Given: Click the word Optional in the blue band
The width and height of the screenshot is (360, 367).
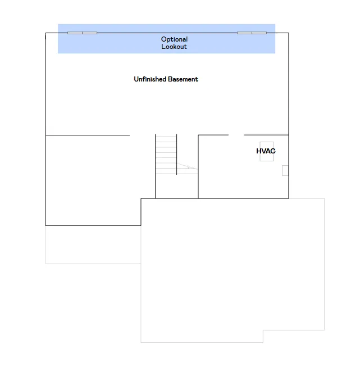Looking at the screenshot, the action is (x=174, y=39).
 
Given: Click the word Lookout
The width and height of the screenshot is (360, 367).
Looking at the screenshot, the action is (x=174, y=47).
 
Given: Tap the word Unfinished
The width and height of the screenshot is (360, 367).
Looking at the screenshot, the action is (x=150, y=79).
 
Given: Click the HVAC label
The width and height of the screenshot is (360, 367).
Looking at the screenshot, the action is (x=266, y=151).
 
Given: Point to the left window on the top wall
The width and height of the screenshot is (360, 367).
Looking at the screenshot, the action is (x=83, y=33).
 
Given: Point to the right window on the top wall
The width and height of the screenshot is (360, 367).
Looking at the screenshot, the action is (x=252, y=33).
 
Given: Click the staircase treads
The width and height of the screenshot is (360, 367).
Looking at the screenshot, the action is (x=166, y=155).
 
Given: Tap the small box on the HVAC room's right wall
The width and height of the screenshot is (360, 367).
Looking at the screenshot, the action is (x=285, y=170).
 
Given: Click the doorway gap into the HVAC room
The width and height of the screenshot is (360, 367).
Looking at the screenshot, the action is (x=236, y=135).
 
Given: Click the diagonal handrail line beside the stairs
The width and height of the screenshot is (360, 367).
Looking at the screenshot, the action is (x=187, y=166).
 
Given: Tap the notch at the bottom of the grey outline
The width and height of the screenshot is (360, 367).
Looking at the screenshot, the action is (x=263, y=336).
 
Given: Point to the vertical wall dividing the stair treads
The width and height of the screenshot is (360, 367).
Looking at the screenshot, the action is (x=176, y=154).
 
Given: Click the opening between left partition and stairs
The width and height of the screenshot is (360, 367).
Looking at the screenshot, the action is (x=143, y=135).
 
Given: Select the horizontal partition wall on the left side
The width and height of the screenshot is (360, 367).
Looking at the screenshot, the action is (x=88, y=135).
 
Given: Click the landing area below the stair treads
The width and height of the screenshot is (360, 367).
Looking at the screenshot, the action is (x=176, y=186).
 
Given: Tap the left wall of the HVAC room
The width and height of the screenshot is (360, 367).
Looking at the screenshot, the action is (x=198, y=167).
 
